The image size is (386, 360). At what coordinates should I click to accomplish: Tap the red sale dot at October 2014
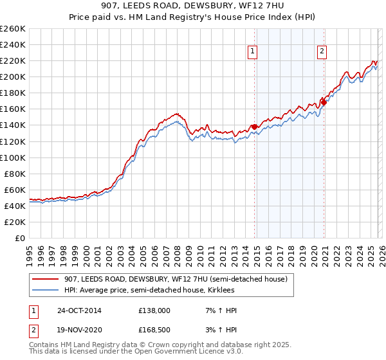point(254,127)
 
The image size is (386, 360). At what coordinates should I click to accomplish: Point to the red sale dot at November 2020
point(324,102)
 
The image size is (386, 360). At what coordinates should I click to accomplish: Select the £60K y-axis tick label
point(14,190)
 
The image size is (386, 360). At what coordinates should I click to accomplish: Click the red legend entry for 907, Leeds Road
point(179,278)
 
